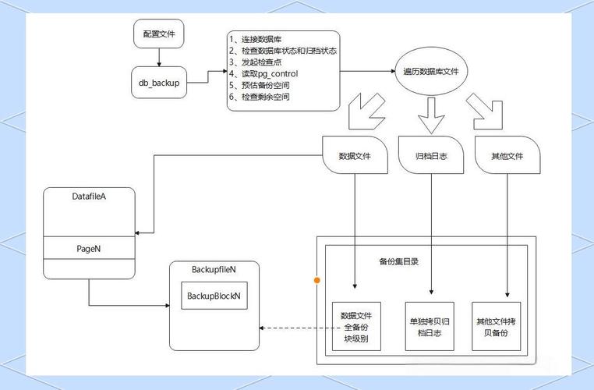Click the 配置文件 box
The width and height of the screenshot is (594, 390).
pyautogui.click(x=160, y=34)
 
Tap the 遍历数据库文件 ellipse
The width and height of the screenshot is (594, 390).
pyautogui.click(x=430, y=72)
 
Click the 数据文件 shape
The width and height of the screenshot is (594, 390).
pyautogui.click(x=355, y=156)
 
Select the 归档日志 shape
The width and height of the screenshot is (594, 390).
pyautogui.click(x=430, y=156)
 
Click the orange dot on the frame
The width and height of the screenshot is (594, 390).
pyautogui.click(x=316, y=279)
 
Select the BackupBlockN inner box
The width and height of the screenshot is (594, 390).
pyautogui.click(x=214, y=296)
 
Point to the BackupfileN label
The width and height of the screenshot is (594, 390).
pyautogui.click(x=214, y=269)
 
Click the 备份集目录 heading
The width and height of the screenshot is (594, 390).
pyautogui.click(x=398, y=261)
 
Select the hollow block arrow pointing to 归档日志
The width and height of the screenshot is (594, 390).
pyautogui.click(x=430, y=115)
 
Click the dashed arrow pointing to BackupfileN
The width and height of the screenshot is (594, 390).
pyautogui.click(x=296, y=328)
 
